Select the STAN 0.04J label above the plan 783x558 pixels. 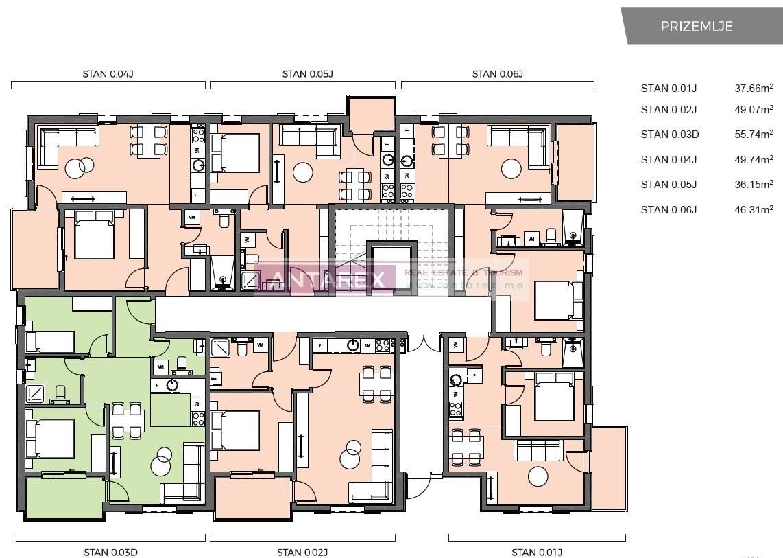pos(108,74)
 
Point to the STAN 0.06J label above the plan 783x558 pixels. pos(498,74)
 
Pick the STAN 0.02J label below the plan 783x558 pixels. pos(302,552)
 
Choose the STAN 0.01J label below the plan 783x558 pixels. pos(537,552)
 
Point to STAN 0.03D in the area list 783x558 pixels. pos(669,135)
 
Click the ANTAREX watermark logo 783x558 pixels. pos(326,278)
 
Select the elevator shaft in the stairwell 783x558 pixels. pos(391,264)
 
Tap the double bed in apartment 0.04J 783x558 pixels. pos(94,235)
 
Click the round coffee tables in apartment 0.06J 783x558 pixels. pos(511,169)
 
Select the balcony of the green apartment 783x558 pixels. pos(64,498)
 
